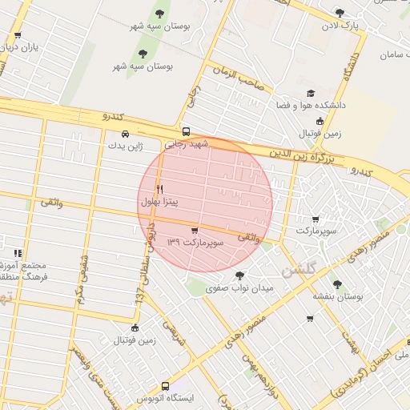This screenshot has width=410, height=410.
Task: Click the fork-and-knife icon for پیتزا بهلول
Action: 160,189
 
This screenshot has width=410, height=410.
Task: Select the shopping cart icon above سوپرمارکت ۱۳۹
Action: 195,230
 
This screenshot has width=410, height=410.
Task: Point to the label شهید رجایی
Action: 186,145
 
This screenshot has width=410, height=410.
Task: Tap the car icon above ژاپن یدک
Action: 125,134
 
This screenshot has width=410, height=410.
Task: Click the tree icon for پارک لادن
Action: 340,13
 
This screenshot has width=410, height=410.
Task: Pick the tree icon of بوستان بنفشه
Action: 336,283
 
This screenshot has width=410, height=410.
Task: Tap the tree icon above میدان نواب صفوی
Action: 239,275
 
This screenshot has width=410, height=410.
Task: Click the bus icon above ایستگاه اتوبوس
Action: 166,386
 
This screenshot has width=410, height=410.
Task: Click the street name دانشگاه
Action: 349,69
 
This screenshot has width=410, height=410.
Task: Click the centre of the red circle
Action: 205,204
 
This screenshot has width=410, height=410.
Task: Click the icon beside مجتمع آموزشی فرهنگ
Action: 17,253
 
